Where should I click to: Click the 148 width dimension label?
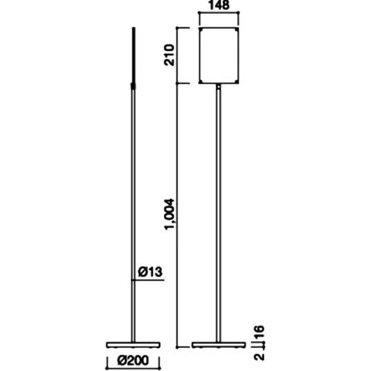219,5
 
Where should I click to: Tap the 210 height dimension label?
169,55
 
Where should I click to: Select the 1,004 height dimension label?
170,215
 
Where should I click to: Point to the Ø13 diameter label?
150,272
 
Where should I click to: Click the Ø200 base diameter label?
133,360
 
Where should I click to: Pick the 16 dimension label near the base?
260,333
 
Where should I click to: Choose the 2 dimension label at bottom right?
260,356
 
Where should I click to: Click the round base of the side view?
133,345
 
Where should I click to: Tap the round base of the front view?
218,345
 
